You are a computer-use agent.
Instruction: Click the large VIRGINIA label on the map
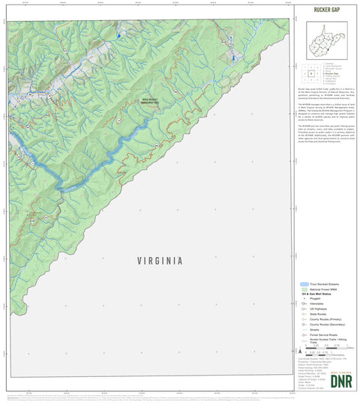160,261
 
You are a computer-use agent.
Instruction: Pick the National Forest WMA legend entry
322,290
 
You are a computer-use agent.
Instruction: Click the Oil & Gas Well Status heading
318,295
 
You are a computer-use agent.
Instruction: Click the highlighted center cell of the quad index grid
310,73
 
